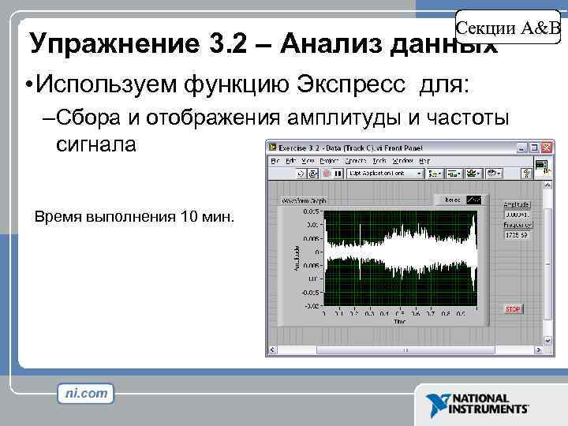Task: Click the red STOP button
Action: coord(513,309)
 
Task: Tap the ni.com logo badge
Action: coord(86,393)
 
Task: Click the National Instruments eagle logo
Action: coord(436,404)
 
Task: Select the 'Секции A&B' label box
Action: coord(509,28)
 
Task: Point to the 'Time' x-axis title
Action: coord(401,321)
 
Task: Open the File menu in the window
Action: coord(276,160)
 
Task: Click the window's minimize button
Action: coord(521,148)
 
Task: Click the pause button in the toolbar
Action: coord(336,173)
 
